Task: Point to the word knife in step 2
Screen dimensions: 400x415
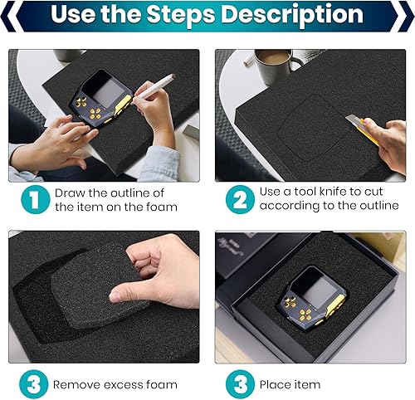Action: pos(328,193)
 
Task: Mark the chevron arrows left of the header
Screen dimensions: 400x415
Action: pos(10,16)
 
